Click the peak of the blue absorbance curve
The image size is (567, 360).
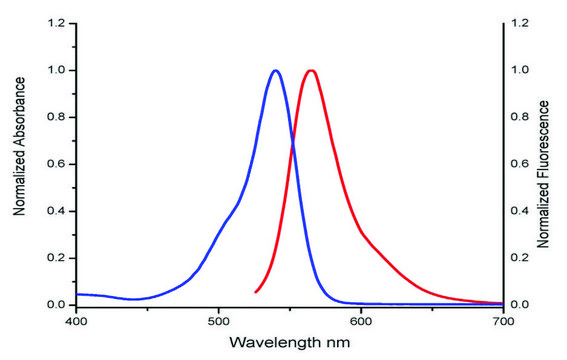click(x=275, y=71)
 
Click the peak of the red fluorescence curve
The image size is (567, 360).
click(x=312, y=71)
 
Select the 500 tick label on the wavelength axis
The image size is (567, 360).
click(x=218, y=322)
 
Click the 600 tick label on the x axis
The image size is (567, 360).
click(x=361, y=322)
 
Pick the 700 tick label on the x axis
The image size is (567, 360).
click(x=503, y=322)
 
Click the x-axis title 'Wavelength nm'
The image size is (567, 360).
click(x=289, y=343)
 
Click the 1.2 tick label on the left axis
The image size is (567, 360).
click(x=56, y=23)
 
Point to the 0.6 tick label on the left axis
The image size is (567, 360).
click(x=56, y=164)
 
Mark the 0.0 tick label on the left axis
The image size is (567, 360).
click(x=56, y=305)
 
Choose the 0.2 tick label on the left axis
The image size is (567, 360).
click(x=56, y=258)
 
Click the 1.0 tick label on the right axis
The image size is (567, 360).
click(x=518, y=70)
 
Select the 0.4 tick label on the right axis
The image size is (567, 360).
click(x=518, y=211)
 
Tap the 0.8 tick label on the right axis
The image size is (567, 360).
click(x=518, y=117)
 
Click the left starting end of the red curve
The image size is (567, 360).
click(x=256, y=292)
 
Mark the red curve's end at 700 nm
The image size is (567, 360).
click(x=502, y=303)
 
